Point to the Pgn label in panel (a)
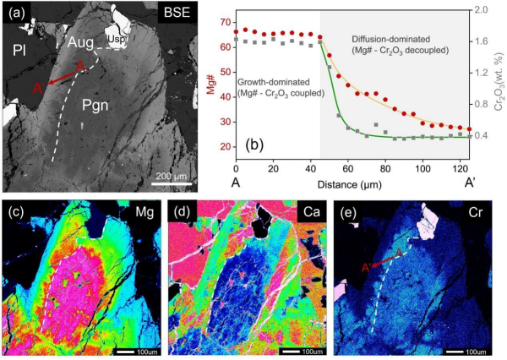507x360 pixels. [100, 105]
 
